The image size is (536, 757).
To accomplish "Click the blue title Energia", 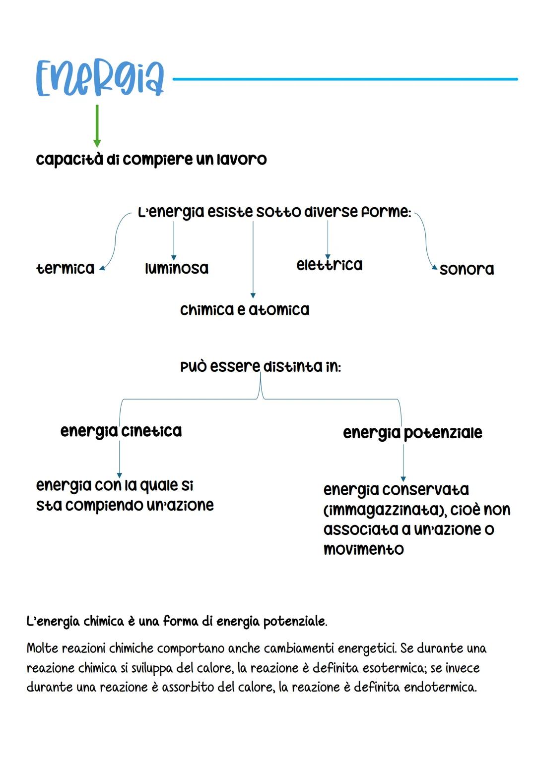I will tap(100, 78).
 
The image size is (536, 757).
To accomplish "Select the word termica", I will tap(65, 268).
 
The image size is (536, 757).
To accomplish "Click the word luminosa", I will tap(177, 268).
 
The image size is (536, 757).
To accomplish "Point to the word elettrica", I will tap(330, 265).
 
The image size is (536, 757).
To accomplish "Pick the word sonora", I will tap(467, 269).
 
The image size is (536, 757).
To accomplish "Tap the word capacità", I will tap(69, 160).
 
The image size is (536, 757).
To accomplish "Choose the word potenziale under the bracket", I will tap(443, 433).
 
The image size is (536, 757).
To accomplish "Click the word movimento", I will tap(363, 549).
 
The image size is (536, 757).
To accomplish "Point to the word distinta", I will tap(292, 367).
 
